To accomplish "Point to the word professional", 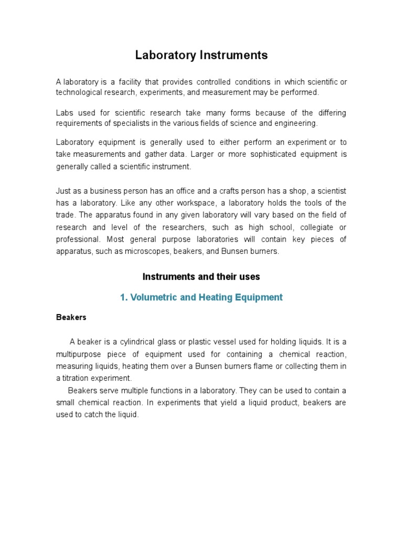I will click(x=78, y=239).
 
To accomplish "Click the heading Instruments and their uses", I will click(x=201, y=276).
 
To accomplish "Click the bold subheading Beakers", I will click(x=71, y=317).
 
